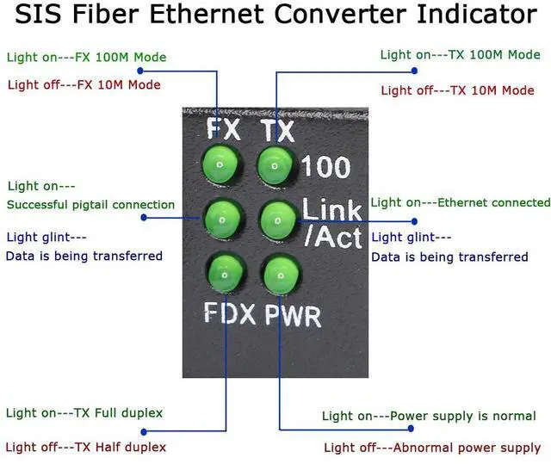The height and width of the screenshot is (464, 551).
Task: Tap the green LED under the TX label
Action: tap(274, 162)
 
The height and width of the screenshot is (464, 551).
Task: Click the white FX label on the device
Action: tap(223, 130)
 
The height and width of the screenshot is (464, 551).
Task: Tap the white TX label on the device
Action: tap(276, 130)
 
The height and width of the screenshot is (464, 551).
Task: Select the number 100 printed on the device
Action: tap(326, 165)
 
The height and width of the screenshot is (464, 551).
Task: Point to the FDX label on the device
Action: tap(230, 313)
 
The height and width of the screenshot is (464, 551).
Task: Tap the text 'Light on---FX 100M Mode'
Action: tap(86, 58)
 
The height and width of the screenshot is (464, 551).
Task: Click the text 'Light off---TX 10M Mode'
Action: tap(457, 90)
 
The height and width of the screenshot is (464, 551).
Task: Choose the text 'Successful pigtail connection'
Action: tap(90, 205)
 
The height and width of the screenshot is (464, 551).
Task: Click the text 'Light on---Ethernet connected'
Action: tap(460, 202)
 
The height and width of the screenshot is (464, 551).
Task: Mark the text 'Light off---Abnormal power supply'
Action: tap(431, 448)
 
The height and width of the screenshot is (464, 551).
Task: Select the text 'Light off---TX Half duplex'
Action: tap(86, 447)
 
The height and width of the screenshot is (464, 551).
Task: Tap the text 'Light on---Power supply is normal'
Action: tap(429, 416)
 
